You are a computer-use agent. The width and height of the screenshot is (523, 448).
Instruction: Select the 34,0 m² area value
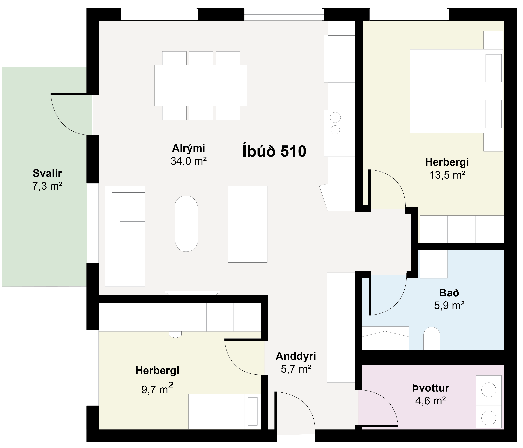(x=189, y=161)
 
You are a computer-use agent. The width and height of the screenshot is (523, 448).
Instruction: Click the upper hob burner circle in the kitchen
(x=335, y=117)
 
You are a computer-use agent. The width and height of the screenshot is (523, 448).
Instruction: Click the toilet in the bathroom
(x=432, y=338)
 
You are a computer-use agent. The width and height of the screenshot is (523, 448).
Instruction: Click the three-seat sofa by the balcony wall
(x=125, y=236)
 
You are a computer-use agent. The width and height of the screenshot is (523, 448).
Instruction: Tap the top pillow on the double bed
(x=494, y=68)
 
